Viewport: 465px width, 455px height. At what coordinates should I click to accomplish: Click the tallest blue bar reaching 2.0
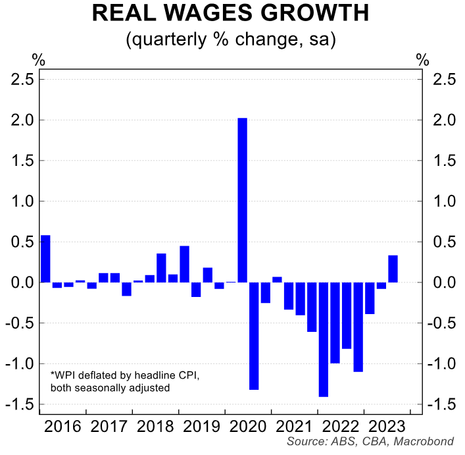pos(242,200)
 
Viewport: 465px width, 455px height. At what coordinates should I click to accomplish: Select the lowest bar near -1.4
pos(323,339)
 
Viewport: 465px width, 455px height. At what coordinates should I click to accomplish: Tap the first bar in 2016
pos(45,259)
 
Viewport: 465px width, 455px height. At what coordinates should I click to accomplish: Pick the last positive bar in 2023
pos(393,269)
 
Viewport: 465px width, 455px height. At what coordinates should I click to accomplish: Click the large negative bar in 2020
pos(254,336)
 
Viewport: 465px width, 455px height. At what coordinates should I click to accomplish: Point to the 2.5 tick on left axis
pos(24,80)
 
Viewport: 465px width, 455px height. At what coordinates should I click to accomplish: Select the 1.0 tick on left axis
pos(24,201)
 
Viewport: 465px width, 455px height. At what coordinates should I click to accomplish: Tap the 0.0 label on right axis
pos(441,282)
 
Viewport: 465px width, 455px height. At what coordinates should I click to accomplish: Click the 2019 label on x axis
pos(202,426)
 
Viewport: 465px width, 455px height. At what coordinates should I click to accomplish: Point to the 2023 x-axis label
pos(387,426)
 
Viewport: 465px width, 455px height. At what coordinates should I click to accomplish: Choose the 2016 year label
pos(63,426)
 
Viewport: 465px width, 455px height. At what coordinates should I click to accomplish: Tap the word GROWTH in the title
pos(316,14)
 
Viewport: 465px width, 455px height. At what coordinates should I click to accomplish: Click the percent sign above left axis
pos(39,60)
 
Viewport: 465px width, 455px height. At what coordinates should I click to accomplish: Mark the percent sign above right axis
pos(422,60)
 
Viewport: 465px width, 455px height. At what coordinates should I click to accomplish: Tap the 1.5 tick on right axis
pos(441,161)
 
